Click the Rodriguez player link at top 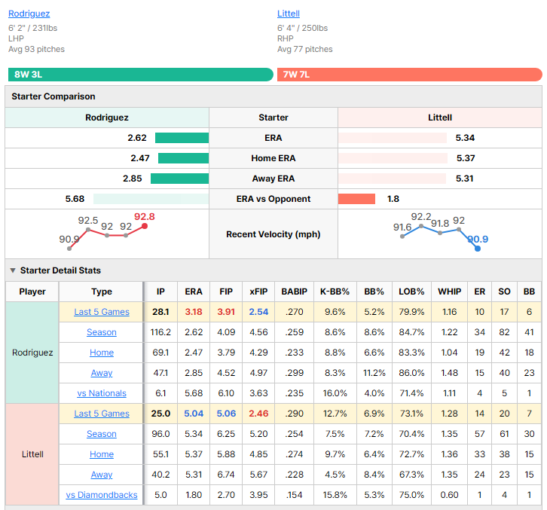(29, 14)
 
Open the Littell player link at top (289, 14)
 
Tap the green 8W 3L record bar (141, 75)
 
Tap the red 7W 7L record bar (410, 75)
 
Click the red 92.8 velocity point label (145, 217)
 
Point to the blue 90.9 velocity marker (478, 249)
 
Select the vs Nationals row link (102, 393)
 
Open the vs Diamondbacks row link (102, 495)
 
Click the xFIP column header (258, 292)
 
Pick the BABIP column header (294, 292)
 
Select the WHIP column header (449, 292)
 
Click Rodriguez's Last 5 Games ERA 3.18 (194, 312)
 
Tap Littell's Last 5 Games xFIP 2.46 (258, 414)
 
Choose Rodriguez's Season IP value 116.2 (160, 332)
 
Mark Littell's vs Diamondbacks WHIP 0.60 (449, 495)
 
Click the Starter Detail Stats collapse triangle (13, 270)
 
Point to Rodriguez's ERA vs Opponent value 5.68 (75, 199)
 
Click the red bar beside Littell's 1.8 (356, 199)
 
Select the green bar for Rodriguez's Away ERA (179, 179)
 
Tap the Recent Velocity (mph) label (273, 234)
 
